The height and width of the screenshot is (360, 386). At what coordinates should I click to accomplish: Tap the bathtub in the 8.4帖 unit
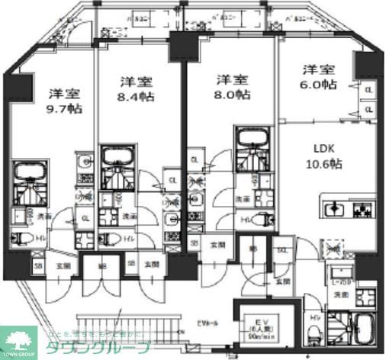(118, 156)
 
